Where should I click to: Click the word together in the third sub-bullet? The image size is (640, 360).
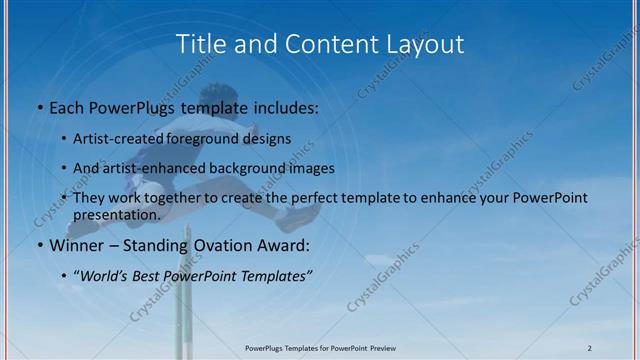(x=184, y=198)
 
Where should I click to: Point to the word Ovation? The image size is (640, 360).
(x=219, y=245)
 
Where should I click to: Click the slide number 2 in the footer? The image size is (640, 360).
(x=590, y=347)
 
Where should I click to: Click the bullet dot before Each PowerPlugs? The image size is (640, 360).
(x=39, y=108)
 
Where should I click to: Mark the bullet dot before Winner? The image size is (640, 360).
(x=39, y=246)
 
